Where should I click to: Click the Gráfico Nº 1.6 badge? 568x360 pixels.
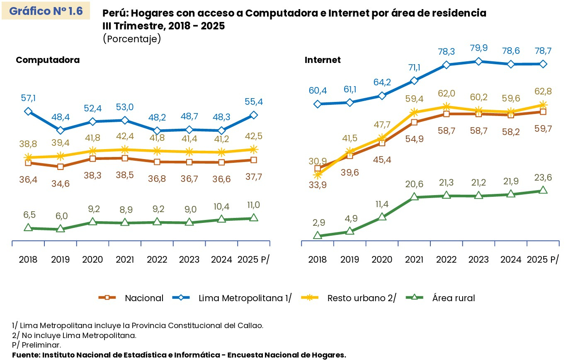coord(46,11)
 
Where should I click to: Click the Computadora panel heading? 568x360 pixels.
coord(48,60)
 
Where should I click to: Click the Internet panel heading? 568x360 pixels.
coord(323,60)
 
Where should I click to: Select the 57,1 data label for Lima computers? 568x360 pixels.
coord(28,98)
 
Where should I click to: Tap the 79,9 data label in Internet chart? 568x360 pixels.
coord(478,48)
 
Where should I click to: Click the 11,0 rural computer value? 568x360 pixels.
coord(253,205)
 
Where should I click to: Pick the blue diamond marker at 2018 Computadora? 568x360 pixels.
coord(28,111)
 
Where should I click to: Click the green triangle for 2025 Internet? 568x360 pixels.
coord(543,190)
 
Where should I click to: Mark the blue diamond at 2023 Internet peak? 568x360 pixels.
coord(478,61)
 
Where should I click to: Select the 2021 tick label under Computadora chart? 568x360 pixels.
coord(125,260)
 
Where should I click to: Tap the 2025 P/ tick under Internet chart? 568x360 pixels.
coord(543,260)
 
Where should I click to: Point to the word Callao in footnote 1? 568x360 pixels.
coord(250,326)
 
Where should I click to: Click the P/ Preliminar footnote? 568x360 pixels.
coord(36,345)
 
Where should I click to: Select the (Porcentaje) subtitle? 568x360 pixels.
coord(131,39)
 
